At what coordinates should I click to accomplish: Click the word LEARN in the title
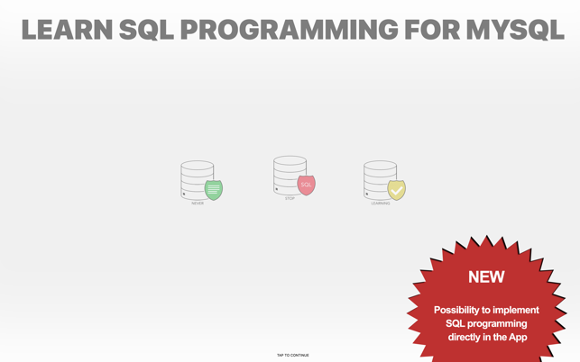pyautogui.click(x=67, y=30)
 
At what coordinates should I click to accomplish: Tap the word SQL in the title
pyautogui.click(x=146, y=30)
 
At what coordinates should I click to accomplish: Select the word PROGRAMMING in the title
pyautogui.click(x=290, y=30)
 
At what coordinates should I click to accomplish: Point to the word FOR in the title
pyautogui.click(x=432, y=30)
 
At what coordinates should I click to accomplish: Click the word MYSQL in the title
pyautogui.click(x=515, y=30)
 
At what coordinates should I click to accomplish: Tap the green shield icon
pyautogui.click(x=214, y=190)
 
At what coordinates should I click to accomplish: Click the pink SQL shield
pyautogui.click(x=307, y=186)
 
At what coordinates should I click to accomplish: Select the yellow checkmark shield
pyautogui.click(x=397, y=190)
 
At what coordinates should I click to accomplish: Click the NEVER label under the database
pyautogui.click(x=198, y=204)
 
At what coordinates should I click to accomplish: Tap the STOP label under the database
pyautogui.click(x=290, y=198)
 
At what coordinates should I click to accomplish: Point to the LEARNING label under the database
pyautogui.click(x=381, y=204)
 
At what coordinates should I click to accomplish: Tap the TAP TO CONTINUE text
pyautogui.click(x=293, y=356)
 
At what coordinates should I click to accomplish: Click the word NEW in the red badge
pyautogui.click(x=486, y=277)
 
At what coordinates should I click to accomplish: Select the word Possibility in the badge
pyautogui.click(x=456, y=310)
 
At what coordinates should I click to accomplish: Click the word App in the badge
pyautogui.click(x=518, y=338)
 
